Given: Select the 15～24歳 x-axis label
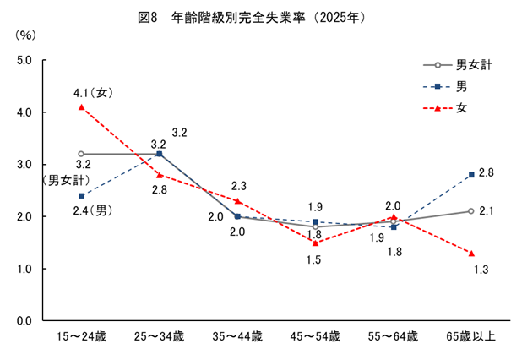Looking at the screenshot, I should tap(81, 336).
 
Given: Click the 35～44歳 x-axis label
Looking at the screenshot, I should tap(237, 336).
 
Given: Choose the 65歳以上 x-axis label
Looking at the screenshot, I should tap(471, 336).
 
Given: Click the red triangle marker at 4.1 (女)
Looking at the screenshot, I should tap(81, 107).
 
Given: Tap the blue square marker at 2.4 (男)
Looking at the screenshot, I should tap(81, 196).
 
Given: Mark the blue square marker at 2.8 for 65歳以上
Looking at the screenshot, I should tap(471, 175).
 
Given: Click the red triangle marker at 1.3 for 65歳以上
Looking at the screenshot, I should tap(471, 254).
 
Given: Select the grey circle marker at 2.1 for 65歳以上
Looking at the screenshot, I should tap(471, 211).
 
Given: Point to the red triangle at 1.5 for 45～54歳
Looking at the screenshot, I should tap(315, 243).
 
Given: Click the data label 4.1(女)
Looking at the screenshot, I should tap(90, 92).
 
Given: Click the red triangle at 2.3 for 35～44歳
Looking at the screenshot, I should tap(237, 201).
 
